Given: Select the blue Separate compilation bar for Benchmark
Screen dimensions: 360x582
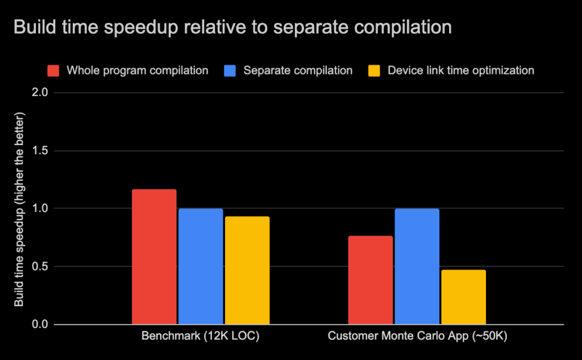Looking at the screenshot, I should [x=201, y=267].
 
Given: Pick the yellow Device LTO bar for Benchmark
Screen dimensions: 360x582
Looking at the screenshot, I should [x=247, y=271].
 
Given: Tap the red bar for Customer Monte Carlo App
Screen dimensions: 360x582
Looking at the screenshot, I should [x=370, y=280].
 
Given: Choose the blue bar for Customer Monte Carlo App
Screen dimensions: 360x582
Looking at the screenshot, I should [x=417, y=267].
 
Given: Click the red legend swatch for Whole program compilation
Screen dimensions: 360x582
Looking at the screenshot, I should [x=53, y=71].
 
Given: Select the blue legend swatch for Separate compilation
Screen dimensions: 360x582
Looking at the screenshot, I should [x=230, y=71].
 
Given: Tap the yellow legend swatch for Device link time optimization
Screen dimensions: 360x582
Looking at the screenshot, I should [x=375, y=71].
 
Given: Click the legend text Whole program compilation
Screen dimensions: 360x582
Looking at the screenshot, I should [x=137, y=71].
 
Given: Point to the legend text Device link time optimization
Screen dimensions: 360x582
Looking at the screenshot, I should [x=460, y=71].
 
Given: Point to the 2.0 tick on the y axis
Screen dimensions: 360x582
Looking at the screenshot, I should [x=41, y=93].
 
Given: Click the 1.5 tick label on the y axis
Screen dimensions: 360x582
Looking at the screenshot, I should [x=41, y=151].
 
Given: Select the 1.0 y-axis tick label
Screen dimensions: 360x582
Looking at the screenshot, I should [x=41, y=209].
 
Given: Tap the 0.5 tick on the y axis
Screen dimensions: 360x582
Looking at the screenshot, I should [x=41, y=267].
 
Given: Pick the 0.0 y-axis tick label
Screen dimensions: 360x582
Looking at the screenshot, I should [x=41, y=325].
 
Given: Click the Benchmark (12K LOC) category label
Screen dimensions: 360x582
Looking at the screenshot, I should [x=200, y=337].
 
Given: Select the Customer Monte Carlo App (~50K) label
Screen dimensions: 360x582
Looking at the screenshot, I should [x=417, y=337].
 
